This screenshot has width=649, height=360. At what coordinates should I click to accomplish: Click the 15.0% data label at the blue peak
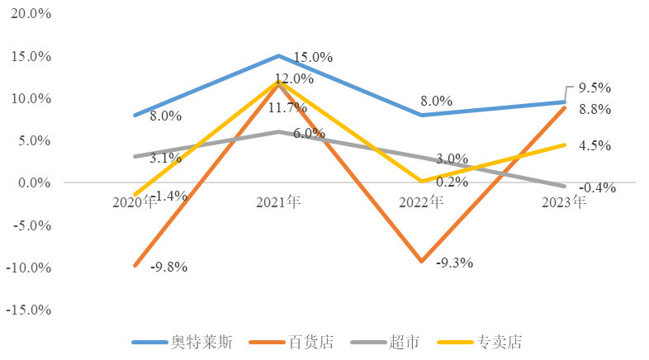tap(313, 58)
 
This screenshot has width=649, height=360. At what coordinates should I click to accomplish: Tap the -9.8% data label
tap(168, 267)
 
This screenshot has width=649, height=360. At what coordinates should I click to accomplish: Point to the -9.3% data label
tap(453, 263)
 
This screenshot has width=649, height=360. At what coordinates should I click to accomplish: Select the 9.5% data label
tap(595, 88)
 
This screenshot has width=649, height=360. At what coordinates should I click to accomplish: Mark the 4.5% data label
tap(595, 145)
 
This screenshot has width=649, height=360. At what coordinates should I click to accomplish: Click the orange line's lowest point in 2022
tap(422, 262)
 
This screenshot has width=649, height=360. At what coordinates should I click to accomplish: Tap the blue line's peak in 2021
tap(278, 55)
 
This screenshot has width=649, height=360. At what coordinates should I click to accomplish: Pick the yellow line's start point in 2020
tap(135, 195)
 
